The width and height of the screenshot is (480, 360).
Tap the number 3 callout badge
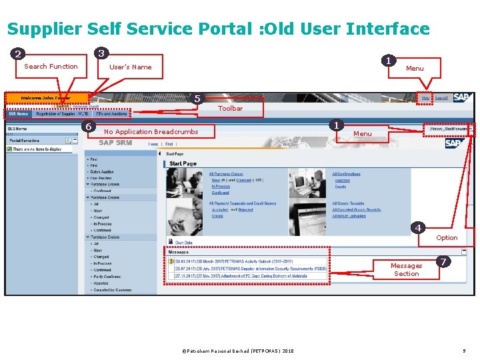[101, 53]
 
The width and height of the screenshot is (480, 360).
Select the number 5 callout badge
[197, 99]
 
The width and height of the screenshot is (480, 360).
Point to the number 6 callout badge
[87, 127]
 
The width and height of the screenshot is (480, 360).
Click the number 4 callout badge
[418, 228]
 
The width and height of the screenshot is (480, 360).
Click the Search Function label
[51, 66]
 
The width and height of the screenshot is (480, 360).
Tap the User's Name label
[130, 67]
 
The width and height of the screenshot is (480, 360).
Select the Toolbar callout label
[231, 108]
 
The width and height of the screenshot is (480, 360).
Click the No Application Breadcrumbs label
[151, 131]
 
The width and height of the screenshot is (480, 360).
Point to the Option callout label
[447, 237]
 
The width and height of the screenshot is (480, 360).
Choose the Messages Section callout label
[406, 269]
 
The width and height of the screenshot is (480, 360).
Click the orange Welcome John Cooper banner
[46, 98]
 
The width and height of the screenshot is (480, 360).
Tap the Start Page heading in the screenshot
[183, 163]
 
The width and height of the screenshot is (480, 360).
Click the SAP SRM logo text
[115, 142]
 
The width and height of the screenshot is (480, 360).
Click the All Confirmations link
[346, 174]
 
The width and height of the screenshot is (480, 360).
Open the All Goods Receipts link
[348, 203]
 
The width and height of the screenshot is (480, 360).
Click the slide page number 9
[463, 351]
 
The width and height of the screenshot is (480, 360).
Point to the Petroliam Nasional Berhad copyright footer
[238, 351]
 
